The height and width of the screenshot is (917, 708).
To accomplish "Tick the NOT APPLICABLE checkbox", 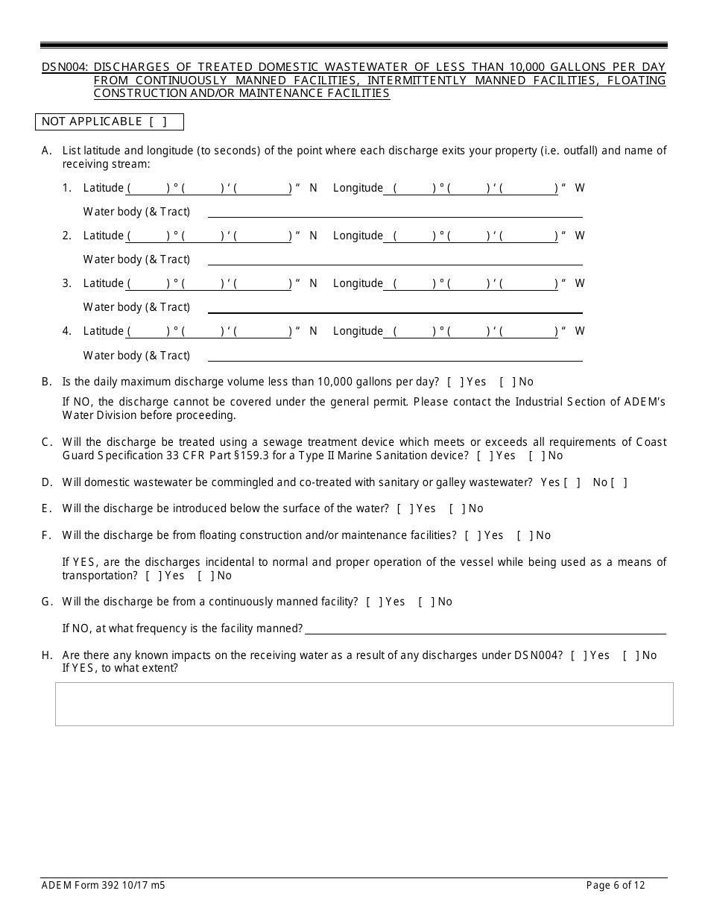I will [157, 122].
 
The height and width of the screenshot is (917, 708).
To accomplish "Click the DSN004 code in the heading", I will [65, 67].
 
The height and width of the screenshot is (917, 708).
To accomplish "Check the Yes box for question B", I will [455, 382].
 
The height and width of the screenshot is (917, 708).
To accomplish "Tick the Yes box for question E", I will [405, 508].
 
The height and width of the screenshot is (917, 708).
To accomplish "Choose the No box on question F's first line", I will [525, 535].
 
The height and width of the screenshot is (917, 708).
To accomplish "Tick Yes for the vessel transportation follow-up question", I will [153, 576].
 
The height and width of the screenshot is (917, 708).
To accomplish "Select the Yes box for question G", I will [373, 602].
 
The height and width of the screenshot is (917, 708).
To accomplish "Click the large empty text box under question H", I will [364, 704].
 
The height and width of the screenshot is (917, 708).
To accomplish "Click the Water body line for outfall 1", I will [395, 212].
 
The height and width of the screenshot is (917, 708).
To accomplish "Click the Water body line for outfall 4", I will [395, 356].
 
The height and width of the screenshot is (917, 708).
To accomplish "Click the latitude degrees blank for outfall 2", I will [149, 236].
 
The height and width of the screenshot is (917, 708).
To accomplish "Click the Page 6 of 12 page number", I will [616, 886].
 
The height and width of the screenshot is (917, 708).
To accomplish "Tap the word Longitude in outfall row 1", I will [358, 189].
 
